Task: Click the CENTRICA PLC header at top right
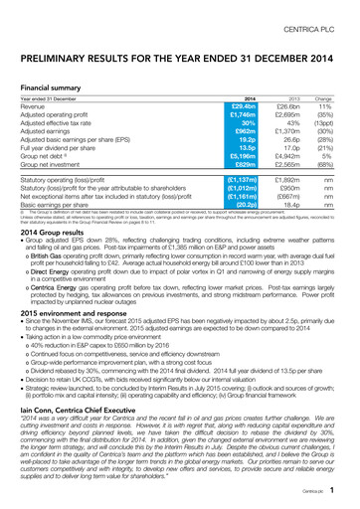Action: pos(318,13)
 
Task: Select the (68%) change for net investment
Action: pos(335,162)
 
